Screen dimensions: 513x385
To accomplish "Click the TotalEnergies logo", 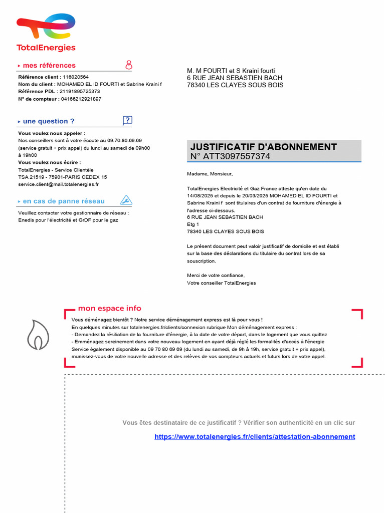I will (46, 33).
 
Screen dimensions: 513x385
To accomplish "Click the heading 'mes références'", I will (49, 66).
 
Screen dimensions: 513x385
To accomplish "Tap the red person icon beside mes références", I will (129, 65).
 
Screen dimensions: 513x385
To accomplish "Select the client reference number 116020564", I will (75, 77).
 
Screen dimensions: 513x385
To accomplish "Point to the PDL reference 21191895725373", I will (80, 92).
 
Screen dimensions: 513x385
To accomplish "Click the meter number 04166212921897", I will (81, 99).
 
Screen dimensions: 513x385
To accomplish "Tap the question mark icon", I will (127, 120).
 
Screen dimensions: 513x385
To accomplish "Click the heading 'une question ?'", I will (49, 121).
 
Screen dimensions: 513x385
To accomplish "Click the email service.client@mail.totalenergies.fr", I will (58, 184).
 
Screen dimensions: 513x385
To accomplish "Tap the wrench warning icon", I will (126, 201).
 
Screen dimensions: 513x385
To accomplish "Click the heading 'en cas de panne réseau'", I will (64, 201).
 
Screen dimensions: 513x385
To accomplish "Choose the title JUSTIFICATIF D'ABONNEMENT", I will (264, 147).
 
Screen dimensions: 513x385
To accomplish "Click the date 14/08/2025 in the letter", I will (200, 196).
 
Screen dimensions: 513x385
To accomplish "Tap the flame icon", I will (38, 335).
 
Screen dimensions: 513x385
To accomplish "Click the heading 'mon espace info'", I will (109, 309).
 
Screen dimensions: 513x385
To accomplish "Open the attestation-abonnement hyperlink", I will (255, 437).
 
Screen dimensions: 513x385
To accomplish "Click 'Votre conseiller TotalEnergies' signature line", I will (221, 283).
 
